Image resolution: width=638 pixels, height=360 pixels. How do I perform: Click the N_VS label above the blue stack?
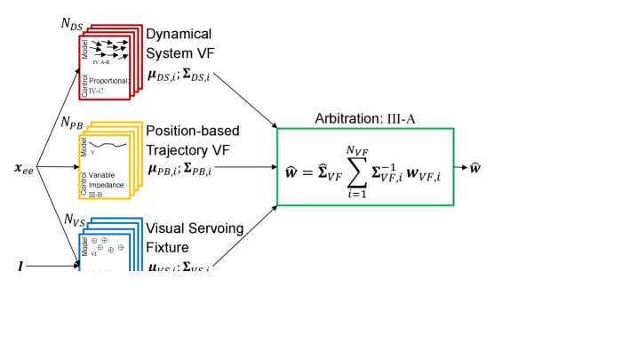point(76,219)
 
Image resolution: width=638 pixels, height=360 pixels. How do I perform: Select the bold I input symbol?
point(20,265)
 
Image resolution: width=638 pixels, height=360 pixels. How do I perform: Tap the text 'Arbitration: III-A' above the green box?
point(365,119)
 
